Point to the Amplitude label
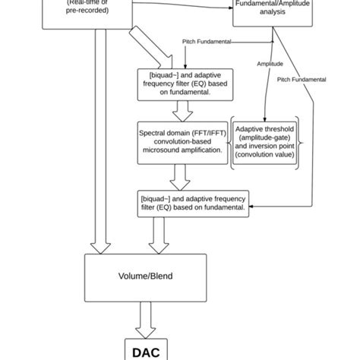coord(270,65)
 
